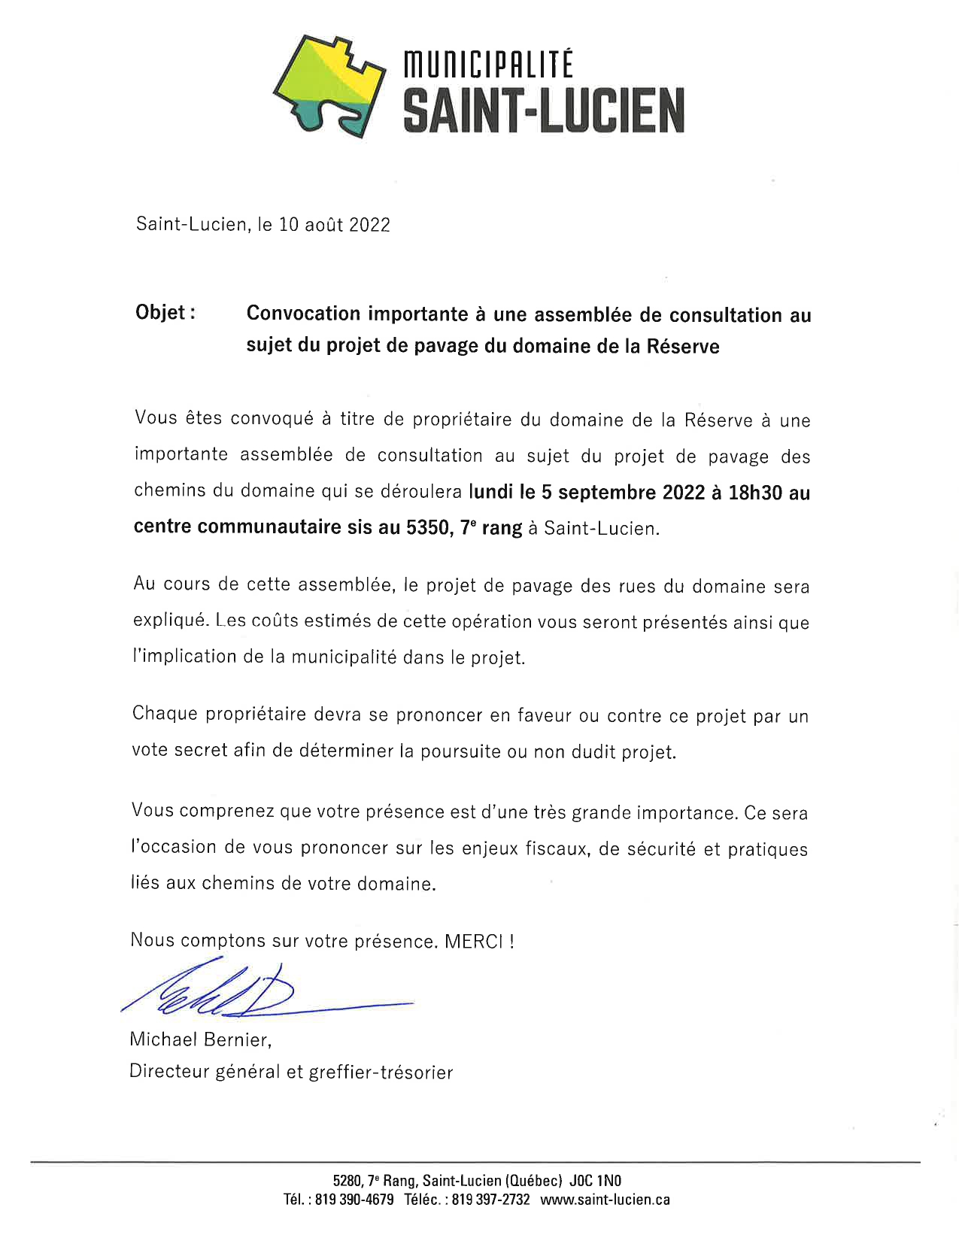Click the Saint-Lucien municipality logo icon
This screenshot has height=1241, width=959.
click(329, 85)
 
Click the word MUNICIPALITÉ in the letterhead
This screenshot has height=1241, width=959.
click(488, 65)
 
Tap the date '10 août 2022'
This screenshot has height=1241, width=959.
click(334, 225)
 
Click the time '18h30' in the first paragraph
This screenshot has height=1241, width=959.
click(755, 493)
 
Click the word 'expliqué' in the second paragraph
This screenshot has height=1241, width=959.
click(168, 621)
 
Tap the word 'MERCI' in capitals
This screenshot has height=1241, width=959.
click(473, 942)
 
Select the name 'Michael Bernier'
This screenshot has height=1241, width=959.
click(199, 1039)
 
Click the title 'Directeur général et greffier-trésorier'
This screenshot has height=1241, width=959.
click(291, 1072)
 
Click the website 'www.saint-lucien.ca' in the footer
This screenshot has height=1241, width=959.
click(605, 1200)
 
